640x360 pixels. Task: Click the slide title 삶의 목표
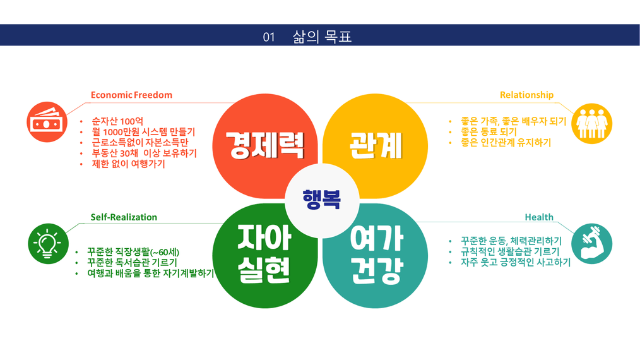coord(322,37)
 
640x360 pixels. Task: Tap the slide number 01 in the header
coord(269,37)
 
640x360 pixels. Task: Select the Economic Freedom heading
coord(131,95)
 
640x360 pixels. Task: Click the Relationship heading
coord(526,95)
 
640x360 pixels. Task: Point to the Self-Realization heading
coord(124,217)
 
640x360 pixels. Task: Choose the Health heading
coord(539,217)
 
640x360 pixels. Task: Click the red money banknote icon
coord(47,122)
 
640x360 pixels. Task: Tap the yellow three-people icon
coord(592,123)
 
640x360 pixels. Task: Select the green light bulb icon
coord(48,244)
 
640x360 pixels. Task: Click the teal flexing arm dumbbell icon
coord(592,244)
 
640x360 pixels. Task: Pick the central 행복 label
coord(322,200)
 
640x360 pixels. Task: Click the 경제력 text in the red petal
coord(265,145)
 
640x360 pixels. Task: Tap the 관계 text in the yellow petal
coord(376,145)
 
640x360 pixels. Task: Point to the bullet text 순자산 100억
coord(117,121)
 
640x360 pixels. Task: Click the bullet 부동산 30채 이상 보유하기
coord(144,153)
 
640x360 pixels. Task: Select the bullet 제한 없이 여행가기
coord(128,164)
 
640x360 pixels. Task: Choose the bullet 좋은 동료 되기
coord(489,131)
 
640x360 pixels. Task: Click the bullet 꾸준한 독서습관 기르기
coord(133,262)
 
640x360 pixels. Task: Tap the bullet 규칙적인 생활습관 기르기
coord(510,251)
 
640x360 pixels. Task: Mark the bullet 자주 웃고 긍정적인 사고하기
coord(516,262)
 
